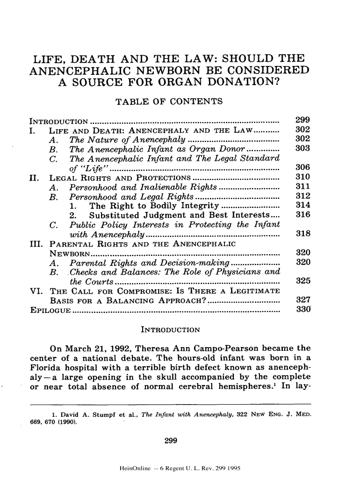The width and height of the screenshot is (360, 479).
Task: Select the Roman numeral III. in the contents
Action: [38, 244]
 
